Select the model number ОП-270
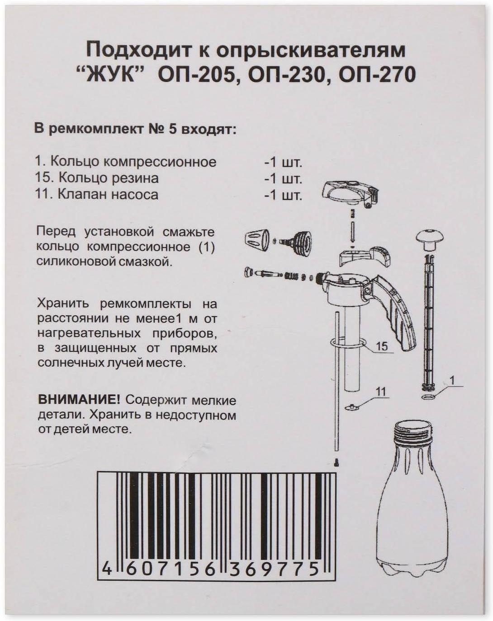377,75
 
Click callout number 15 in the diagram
382,346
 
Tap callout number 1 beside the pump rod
453,381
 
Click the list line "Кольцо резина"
96,178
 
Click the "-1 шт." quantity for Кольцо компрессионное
283,163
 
